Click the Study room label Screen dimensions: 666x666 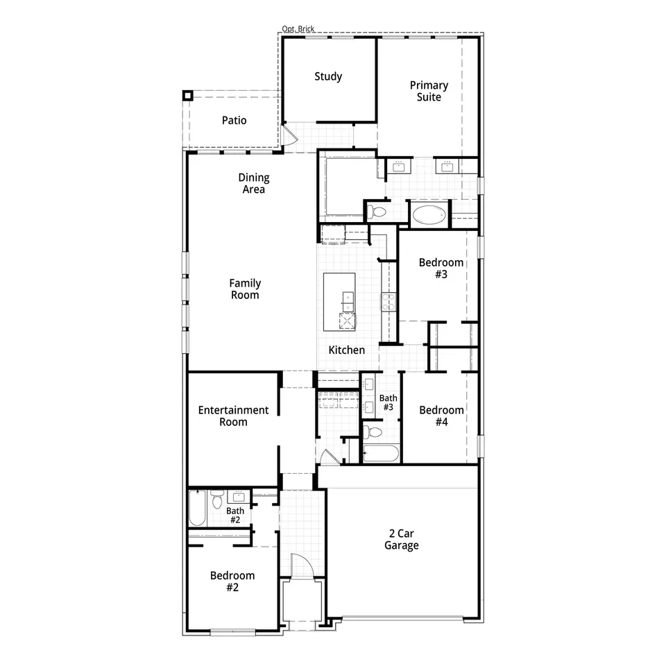(328, 76)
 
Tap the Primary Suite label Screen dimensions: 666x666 (429, 91)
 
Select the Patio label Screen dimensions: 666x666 (234, 120)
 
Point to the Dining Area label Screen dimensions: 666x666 (254, 183)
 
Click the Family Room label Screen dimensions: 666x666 (245, 289)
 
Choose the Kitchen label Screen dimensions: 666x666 (347, 350)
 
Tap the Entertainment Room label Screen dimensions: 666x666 (233, 416)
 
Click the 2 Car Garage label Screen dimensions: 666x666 (402, 540)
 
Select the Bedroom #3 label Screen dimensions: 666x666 (441, 268)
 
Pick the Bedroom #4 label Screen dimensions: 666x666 (441, 416)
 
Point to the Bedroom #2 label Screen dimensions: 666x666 (232, 581)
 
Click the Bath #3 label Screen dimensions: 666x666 (388, 402)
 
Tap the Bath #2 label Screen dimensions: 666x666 (235, 515)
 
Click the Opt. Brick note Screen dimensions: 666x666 (298, 28)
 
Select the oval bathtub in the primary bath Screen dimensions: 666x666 (429, 215)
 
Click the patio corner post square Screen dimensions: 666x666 (188, 95)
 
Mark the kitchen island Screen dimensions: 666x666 (339, 302)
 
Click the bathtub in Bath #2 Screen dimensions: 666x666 (198, 508)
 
